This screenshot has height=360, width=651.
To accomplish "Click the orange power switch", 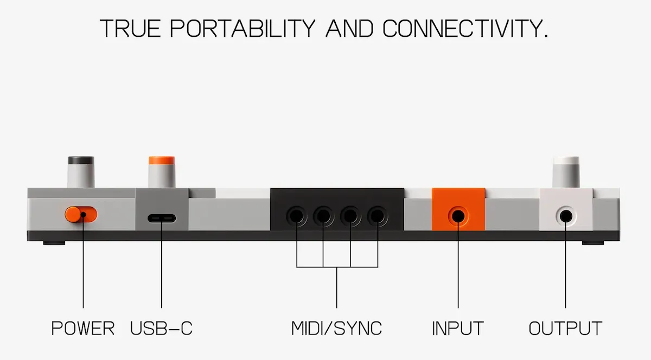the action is (81, 215).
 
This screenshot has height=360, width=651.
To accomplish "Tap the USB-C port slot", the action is (162, 218).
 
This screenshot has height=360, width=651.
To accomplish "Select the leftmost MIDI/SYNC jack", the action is (296, 216).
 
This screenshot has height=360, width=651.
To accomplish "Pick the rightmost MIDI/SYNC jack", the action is (378, 216).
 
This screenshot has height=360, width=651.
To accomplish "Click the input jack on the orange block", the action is (458, 216).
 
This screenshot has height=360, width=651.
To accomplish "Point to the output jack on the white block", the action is (566, 216).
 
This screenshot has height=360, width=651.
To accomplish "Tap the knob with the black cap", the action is (81, 172).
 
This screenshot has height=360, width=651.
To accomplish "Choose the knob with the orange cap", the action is (162, 172).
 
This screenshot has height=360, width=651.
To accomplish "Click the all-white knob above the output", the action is (566, 172).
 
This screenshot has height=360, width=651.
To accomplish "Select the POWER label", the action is (83, 329).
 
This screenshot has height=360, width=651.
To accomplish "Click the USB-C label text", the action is (161, 329).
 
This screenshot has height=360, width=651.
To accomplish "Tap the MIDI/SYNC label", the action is (336, 329).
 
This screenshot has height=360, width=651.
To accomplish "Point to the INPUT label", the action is (458, 329).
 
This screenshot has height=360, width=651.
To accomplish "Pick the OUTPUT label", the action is (565, 329).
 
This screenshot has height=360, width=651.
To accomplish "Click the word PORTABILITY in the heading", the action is (242, 29).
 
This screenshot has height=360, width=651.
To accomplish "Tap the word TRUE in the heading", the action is (130, 29).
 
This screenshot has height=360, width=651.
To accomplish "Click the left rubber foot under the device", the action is (54, 243).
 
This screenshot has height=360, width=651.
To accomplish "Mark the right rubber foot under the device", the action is (593, 243).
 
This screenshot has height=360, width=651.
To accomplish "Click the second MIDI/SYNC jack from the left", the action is (323, 216).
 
